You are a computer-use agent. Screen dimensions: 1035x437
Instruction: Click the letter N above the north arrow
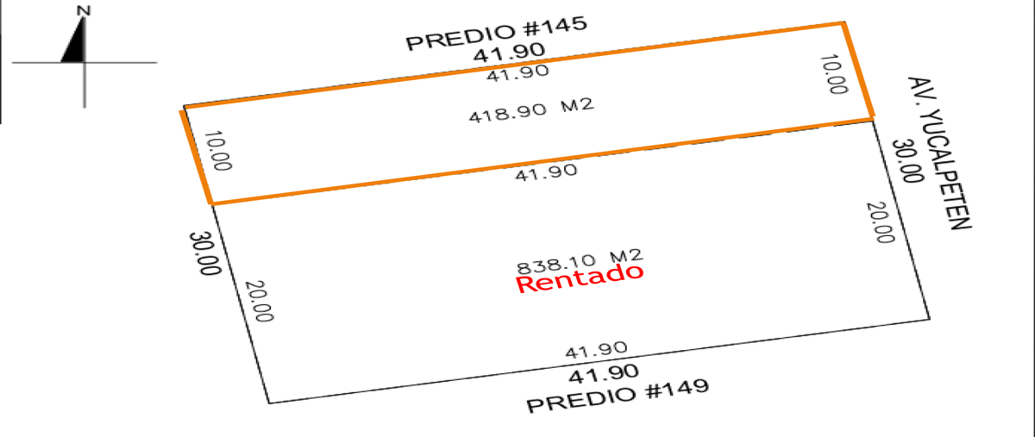tap(84, 10)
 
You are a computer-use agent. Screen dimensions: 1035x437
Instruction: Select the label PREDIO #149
tap(618, 396)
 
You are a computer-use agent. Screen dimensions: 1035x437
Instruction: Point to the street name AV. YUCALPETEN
tap(940, 153)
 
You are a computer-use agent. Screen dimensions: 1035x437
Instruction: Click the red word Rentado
tap(580, 278)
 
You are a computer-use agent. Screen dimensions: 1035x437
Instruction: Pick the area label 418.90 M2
tap(531, 110)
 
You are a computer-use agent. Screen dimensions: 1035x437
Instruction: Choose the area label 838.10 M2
tap(580, 262)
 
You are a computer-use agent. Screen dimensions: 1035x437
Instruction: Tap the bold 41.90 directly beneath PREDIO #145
tap(509, 53)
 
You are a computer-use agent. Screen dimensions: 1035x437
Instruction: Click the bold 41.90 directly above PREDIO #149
tap(604, 374)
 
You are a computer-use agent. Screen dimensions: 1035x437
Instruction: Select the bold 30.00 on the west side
tap(204, 253)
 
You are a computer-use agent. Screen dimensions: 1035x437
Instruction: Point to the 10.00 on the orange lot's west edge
tap(217, 151)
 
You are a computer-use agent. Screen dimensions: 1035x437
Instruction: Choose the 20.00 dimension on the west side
tap(260, 301)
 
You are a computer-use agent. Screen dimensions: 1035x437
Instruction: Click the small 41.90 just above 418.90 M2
tap(518, 73)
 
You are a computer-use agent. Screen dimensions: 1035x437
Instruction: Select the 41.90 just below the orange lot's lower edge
tap(546, 172)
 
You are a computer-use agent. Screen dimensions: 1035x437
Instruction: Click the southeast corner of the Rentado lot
tap(930, 319)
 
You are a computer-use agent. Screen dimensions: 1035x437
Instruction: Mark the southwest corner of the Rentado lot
tap(269, 403)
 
